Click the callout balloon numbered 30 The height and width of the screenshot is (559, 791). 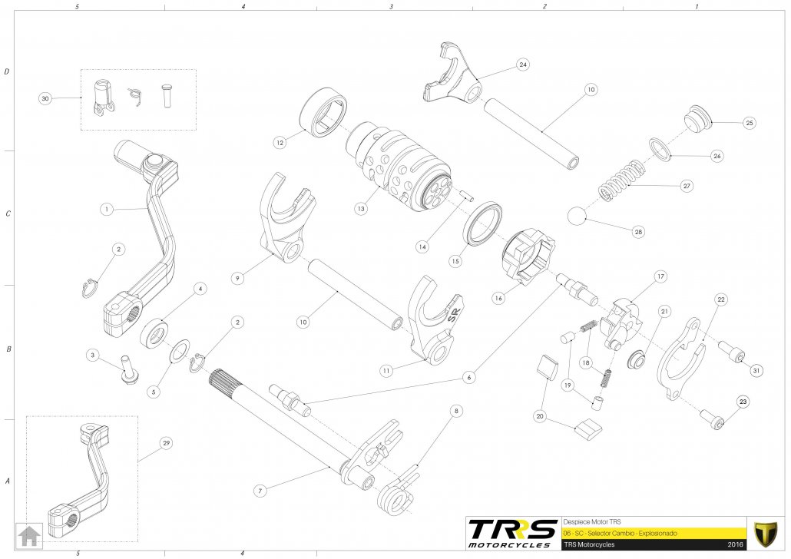point(45,98)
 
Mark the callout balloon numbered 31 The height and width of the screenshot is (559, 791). point(756,371)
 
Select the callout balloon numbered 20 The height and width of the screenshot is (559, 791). point(540,415)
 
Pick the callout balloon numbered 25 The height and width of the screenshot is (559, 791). point(750,123)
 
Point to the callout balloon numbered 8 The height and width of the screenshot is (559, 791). point(455,412)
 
